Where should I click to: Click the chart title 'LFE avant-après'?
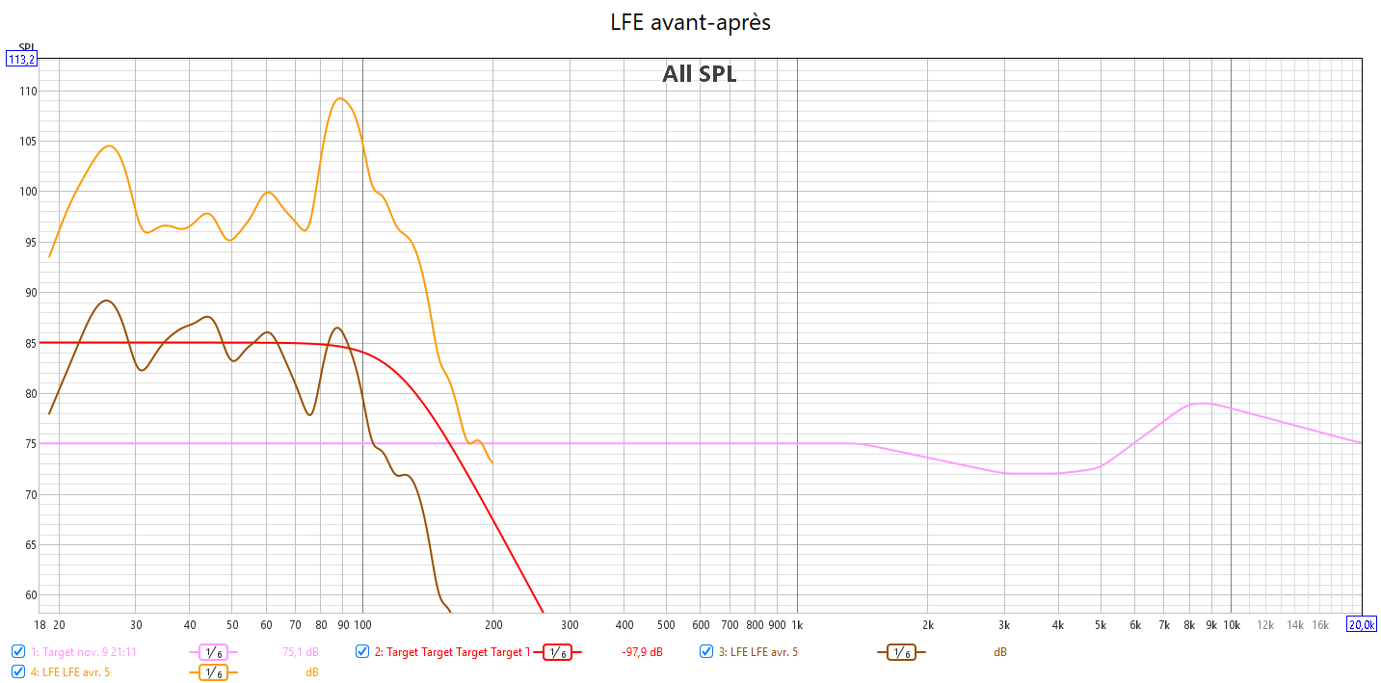tap(690, 22)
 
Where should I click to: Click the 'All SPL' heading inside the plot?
tap(699, 74)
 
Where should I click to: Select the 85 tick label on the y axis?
tap(24, 343)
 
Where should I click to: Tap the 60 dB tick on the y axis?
tap(24, 595)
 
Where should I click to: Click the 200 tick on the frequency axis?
tap(492, 624)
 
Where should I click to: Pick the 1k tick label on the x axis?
tap(797, 624)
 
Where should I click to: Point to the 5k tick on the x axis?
tap(1100, 624)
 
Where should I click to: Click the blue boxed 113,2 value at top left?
tap(21, 59)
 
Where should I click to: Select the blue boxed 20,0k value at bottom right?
tap(1361, 624)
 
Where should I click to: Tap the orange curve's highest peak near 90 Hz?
tap(339, 98)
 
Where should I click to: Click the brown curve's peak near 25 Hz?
tap(106, 301)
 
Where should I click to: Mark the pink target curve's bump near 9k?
tap(1201, 403)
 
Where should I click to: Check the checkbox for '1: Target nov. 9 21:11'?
tap(18, 651)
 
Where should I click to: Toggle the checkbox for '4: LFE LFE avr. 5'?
tap(18, 671)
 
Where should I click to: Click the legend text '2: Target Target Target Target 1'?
tap(452, 652)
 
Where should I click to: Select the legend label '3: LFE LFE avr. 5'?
tap(764, 652)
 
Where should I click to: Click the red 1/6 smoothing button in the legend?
tap(556, 652)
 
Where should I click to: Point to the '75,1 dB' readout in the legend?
tap(300, 652)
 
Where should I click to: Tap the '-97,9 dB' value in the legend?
tap(642, 652)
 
